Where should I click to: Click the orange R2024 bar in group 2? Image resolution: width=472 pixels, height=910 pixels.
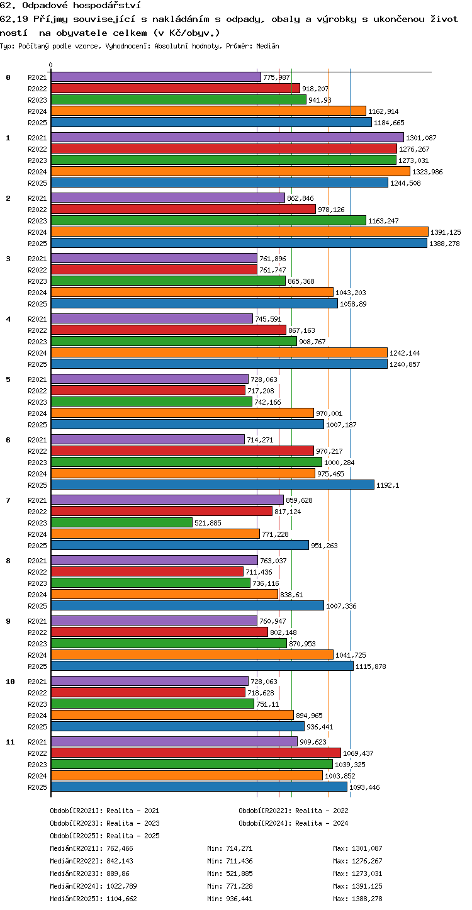pos(240,232)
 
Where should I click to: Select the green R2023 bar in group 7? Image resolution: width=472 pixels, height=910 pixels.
pos(122,522)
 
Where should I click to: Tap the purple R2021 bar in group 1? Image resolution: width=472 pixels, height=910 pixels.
pos(227,137)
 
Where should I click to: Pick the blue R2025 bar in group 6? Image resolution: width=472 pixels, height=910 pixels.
pos(213,485)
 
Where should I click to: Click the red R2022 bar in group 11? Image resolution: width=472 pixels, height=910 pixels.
pos(196,753)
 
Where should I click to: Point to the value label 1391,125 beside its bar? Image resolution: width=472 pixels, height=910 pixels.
pos(446,232)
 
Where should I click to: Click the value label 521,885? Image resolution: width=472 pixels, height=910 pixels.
pos(208,523)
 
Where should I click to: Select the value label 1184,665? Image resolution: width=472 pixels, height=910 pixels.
pos(389,123)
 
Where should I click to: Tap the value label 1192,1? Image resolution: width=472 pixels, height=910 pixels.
pos(388,485)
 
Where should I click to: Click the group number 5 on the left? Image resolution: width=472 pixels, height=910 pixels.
pos(8,379)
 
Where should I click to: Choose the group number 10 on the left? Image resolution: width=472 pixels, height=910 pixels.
pos(10,682)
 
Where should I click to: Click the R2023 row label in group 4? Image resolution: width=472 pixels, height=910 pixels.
pos(37,342)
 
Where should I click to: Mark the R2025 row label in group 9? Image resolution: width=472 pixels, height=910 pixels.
pos(37,666)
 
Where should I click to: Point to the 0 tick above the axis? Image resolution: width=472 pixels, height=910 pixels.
pos(51,65)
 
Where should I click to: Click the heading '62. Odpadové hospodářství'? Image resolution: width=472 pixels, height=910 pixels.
pos(70,5)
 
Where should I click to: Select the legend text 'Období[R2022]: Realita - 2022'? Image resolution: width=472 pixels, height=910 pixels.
pos(293,811)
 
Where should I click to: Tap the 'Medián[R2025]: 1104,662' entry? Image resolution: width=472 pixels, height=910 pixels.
pos(93,899)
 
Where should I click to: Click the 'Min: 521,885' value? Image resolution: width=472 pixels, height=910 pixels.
pos(230,873)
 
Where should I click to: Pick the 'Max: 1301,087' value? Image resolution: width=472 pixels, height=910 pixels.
pos(357,848)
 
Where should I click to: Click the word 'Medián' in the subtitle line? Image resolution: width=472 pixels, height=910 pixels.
pos(267,46)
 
